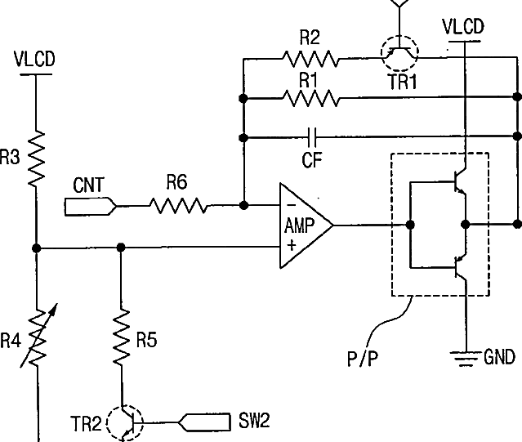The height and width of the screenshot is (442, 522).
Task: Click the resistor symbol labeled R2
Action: pyautogui.click(x=310, y=59)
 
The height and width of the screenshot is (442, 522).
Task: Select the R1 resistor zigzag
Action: pyautogui.click(x=310, y=98)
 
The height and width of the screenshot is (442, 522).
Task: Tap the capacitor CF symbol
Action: pyautogui.click(x=312, y=137)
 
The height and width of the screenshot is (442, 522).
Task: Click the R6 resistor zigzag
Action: pyautogui.click(x=178, y=206)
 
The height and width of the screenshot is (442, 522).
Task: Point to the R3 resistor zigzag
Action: pyautogui.click(x=36, y=158)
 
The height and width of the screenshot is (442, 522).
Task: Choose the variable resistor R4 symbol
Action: pyautogui.click(x=38, y=336)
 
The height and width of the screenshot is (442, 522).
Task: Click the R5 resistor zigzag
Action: pyautogui.click(x=121, y=336)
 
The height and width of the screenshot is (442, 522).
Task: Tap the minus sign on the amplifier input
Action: pyautogui.click(x=291, y=205)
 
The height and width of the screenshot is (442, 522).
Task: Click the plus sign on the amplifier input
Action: pyautogui.click(x=292, y=245)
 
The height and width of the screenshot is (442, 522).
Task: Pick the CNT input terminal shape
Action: pyautogui.click(x=91, y=207)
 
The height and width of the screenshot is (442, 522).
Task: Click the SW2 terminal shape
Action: pyautogui.click(x=204, y=422)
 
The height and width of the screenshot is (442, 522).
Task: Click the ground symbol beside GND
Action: pyautogui.click(x=466, y=358)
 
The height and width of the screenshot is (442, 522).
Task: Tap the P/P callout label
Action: pyautogui.click(x=363, y=359)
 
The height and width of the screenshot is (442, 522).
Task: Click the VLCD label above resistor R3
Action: pyautogui.click(x=34, y=60)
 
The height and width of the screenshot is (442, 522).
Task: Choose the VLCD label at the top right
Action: pyautogui.click(x=463, y=27)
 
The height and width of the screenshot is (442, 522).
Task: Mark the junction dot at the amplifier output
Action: pyautogui.click(x=410, y=225)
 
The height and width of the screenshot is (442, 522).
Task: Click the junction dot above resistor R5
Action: pyautogui.click(x=121, y=248)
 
